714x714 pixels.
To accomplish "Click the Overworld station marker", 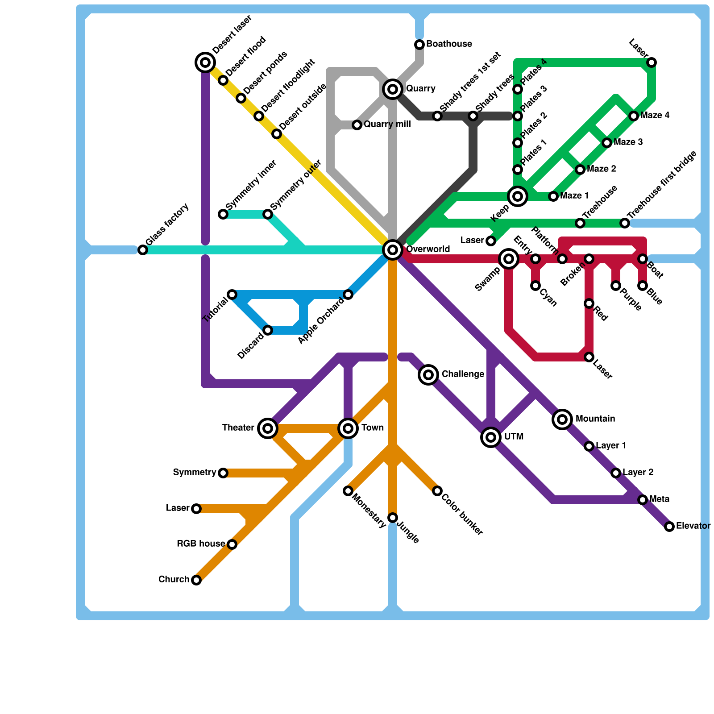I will tap(393, 250).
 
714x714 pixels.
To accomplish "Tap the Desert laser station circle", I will tap(205, 62).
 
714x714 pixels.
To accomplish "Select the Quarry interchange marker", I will tap(393, 89).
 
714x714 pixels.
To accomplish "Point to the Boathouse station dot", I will tap(419, 45).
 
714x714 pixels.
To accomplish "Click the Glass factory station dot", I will tap(143, 250).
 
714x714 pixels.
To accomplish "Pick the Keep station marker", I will tap(518, 196).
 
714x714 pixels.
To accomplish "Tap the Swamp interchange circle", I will tap(509, 259).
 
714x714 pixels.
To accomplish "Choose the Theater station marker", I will tap(268, 428).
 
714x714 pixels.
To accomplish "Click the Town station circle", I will tap(348, 428).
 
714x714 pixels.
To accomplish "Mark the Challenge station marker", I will tap(428, 375).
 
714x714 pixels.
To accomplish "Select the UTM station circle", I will tap(491, 437).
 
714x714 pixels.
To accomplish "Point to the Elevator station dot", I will tap(669, 527).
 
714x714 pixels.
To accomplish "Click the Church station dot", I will tap(196, 580).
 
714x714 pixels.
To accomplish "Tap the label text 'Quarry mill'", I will tap(387, 125).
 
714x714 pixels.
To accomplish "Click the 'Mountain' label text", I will tap(595, 419).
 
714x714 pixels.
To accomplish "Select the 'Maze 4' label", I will tap(655, 116).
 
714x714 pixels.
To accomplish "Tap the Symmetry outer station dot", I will tap(268, 214).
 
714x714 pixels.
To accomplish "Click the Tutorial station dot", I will tap(232, 295).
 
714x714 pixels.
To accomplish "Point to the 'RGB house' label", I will tap(200, 544).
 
